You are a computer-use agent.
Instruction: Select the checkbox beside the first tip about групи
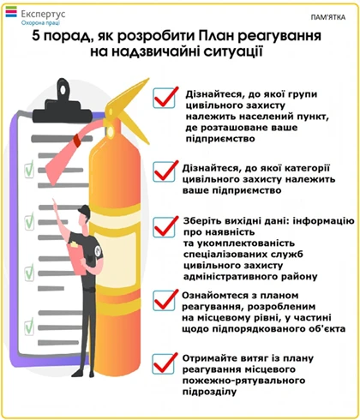tap(164, 98)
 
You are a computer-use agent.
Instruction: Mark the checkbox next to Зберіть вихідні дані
tap(164, 227)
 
